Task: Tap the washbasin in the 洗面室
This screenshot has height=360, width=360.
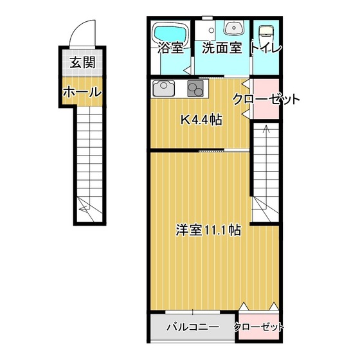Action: (234, 28)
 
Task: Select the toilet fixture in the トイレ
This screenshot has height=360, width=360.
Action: (266, 31)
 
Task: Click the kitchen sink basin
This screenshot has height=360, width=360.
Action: (164, 88)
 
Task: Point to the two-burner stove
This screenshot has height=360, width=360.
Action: (195, 89)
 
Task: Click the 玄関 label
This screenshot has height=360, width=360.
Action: (82, 62)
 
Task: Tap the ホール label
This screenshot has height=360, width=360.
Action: (82, 93)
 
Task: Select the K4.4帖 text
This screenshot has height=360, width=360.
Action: (201, 120)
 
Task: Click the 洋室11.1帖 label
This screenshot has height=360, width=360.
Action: (208, 230)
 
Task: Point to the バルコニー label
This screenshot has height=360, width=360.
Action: (193, 327)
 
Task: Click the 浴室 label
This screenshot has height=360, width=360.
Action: (170, 48)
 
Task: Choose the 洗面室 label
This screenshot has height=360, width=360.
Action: (222, 48)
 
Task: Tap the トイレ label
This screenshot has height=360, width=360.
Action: (266, 48)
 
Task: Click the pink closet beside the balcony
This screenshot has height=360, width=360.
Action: (259, 326)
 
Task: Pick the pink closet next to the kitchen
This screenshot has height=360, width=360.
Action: (266, 99)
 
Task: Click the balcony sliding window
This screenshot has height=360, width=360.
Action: (192, 312)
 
